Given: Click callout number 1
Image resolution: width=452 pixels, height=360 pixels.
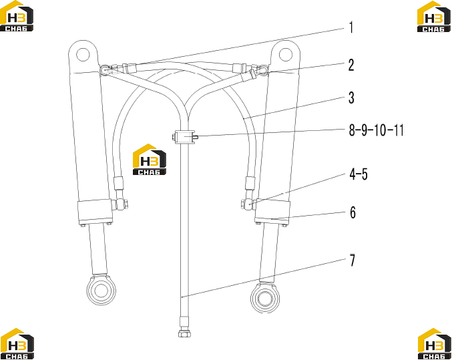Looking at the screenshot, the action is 351,28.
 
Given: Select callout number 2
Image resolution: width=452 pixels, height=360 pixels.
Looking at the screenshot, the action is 351,65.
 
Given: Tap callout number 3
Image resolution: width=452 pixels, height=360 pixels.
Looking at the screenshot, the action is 351,98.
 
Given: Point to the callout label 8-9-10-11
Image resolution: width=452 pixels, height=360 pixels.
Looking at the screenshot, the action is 376,130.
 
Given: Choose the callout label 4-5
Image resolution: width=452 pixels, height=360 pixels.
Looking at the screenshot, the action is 359,174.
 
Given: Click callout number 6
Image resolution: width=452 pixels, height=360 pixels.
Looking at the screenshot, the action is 353,212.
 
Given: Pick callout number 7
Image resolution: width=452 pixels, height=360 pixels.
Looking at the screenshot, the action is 353,260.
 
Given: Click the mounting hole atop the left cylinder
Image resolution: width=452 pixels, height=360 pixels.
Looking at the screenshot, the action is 83,54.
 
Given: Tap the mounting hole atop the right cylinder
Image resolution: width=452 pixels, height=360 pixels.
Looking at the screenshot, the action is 286,54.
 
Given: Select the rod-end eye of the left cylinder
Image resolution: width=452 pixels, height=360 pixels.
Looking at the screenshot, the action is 101,290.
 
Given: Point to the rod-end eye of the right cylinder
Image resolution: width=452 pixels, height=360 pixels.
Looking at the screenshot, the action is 265,298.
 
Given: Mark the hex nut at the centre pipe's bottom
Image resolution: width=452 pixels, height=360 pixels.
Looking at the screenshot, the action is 184,334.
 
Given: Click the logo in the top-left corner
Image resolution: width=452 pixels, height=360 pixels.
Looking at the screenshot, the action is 17,16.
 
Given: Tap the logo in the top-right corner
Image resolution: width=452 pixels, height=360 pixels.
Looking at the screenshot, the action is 434,16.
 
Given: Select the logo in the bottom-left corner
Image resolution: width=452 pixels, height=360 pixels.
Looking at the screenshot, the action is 17,343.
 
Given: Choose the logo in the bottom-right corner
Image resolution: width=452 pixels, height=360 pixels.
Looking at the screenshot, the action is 435,343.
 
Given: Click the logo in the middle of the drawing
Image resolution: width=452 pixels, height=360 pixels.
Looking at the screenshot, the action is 150,159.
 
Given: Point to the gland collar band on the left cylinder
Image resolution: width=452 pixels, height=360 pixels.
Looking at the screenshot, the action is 95,212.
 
